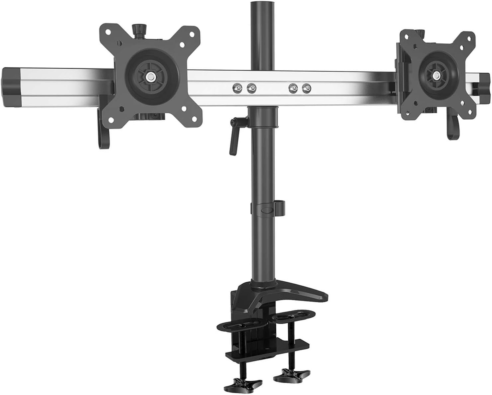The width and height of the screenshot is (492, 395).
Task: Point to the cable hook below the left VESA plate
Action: tap(104, 142)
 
